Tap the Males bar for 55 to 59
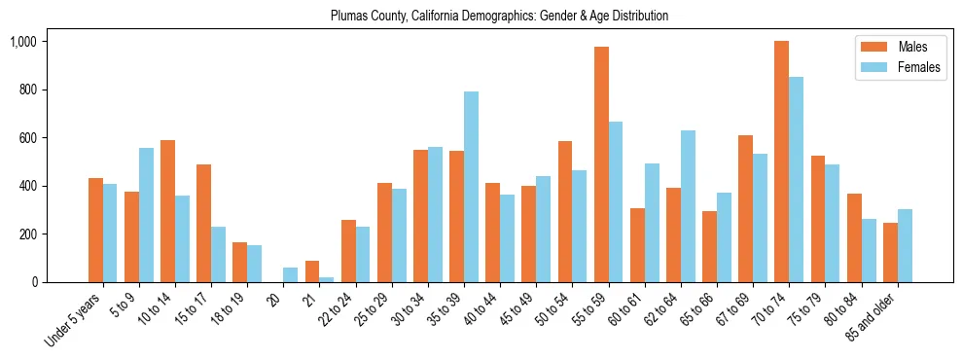tap(601, 164)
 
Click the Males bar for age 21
tap(312, 271)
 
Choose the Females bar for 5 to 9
tap(147, 215)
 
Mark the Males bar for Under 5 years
tap(95, 230)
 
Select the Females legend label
tap(920, 67)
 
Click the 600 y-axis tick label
tap(27, 138)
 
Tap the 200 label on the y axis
tap(27, 234)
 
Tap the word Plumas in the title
tap(348, 17)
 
